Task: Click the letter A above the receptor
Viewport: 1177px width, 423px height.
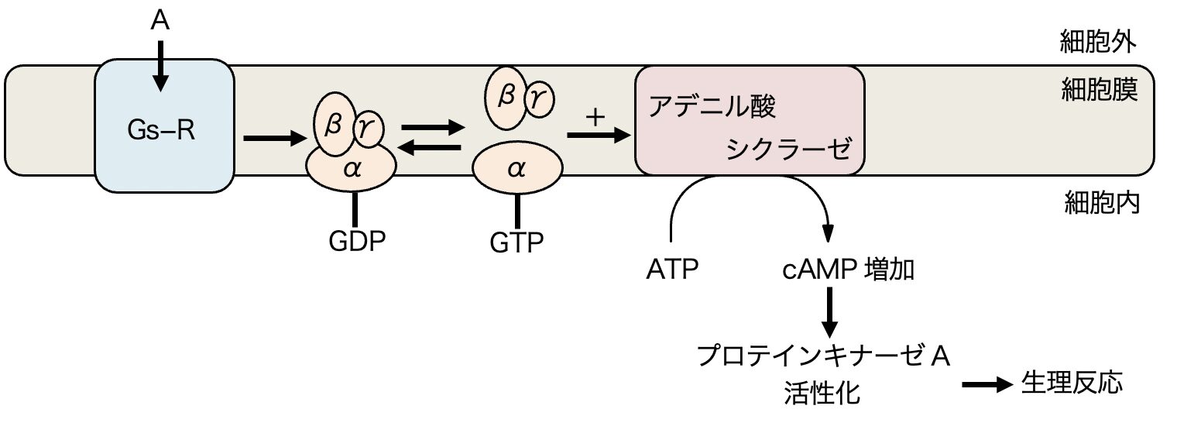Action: coord(159,21)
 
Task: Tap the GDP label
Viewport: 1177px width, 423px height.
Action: coord(356,241)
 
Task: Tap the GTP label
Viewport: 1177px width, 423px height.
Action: coord(516,242)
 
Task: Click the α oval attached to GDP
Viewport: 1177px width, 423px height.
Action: coord(352,169)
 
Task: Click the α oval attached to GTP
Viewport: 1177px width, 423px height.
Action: coord(516,170)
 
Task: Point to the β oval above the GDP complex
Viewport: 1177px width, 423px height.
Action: coord(334,121)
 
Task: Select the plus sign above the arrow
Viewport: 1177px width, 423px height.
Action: coord(595,118)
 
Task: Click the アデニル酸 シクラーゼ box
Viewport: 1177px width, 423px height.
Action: coord(749,121)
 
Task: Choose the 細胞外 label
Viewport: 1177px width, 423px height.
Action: coord(1098,43)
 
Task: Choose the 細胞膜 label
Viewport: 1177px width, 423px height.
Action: coord(1098,92)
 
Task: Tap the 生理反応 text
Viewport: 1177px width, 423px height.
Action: coord(1071,383)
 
